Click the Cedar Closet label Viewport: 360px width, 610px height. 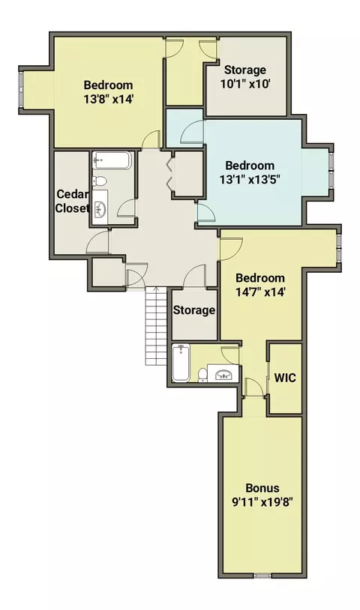pos(73,201)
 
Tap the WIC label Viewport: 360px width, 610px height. pos(285,378)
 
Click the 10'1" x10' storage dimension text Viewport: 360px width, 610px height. pos(245,84)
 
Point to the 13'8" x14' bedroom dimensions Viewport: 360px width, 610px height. pos(109,99)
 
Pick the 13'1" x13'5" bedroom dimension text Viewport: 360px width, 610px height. pos(250,179)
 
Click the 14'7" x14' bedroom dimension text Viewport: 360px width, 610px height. pos(260,292)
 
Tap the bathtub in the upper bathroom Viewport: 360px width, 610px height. pos(112,160)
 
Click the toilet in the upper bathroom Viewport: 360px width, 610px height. pos(100,181)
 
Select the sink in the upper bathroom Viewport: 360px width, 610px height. pos(100,209)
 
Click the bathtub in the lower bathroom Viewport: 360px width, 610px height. pos(181,363)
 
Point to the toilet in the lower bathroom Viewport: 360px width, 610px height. pos(202,375)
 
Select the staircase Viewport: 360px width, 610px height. pos(156,326)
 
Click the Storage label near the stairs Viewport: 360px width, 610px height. pos(194,310)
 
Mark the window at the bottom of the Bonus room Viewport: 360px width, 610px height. pos(262,576)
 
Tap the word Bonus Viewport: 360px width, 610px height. pos(262,488)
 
